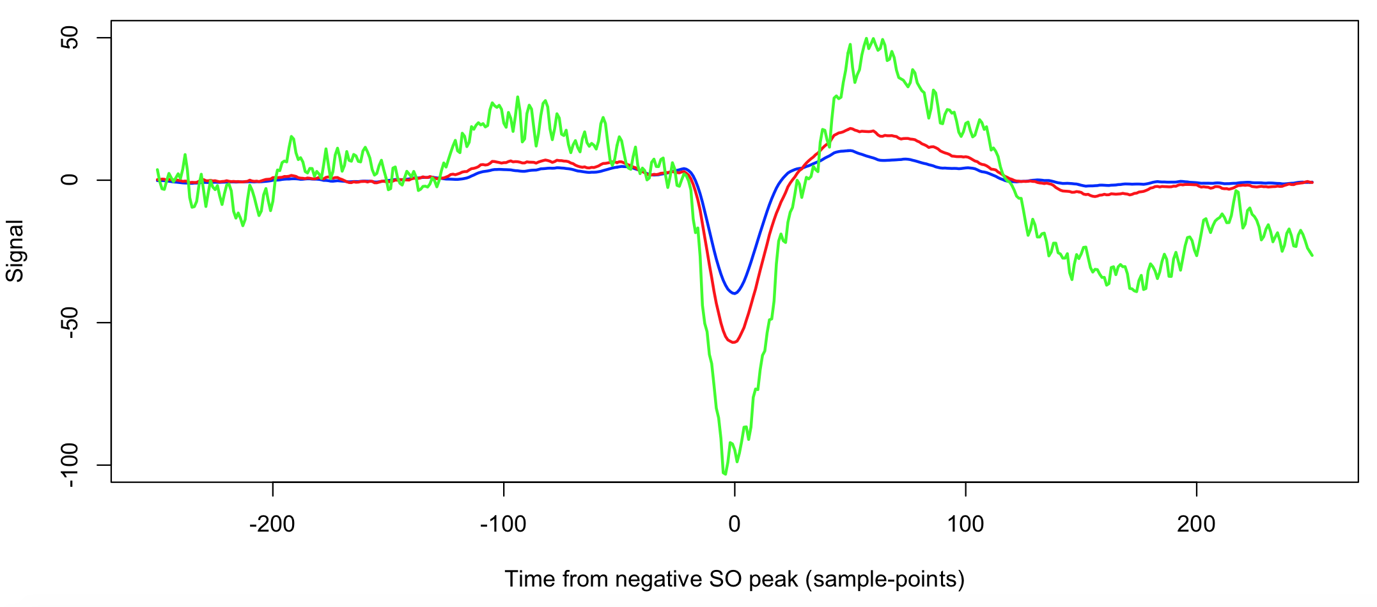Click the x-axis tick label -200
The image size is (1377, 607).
(x=272, y=525)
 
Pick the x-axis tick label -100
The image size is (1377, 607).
(x=503, y=525)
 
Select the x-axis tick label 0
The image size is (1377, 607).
(x=735, y=525)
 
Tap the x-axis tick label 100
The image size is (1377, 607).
(x=965, y=525)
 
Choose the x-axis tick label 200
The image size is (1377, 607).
(x=1196, y=525)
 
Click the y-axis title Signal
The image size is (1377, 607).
(x=15, y=251)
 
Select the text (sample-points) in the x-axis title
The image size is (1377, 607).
(x=885, y=579)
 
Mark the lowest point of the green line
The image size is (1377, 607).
(x=725, y=474)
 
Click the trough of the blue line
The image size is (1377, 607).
(x=735, y=293)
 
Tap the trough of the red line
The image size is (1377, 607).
(x=734, y=342)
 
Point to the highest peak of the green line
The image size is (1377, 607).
(x=867, y=38)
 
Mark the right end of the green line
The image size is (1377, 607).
(x=1312, y=256)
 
